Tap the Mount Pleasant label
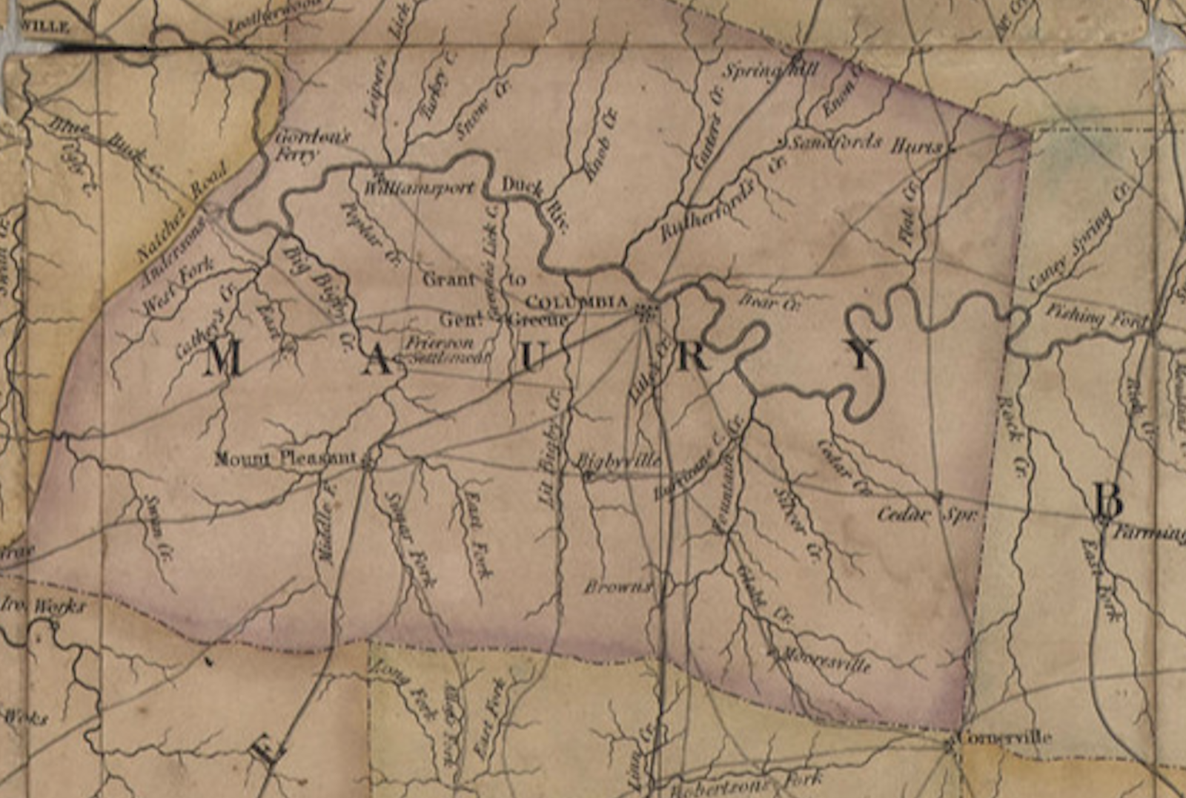click(x=285, y=458)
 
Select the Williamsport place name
click(x=419, y=188)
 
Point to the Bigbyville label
click(x=619, y=461)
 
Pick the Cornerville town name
click(x=1004, y=736)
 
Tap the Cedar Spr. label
click(x=927, y=514)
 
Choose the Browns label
click(x=617, y=587)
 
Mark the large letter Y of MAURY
click(x=862, y=355)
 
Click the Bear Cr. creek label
click(x=769, y=302)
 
